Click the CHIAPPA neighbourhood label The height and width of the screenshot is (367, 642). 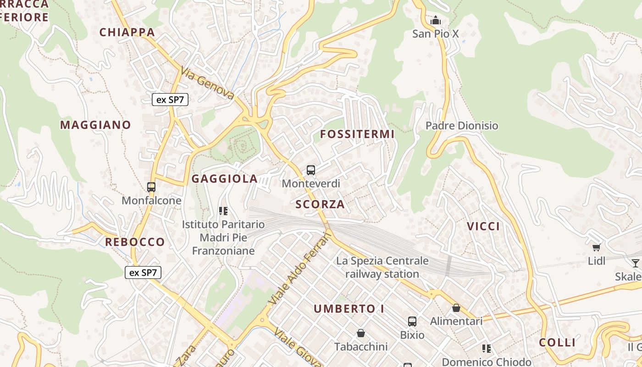[127, 32]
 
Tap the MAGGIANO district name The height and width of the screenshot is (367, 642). [95, 125]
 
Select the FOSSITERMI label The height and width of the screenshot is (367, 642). [357, 134]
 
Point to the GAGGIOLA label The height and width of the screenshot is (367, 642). [224, 179]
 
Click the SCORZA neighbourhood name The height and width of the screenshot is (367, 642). [320, 204]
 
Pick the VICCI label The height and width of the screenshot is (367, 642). [483, 226]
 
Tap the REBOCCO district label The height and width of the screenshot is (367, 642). [135, 242]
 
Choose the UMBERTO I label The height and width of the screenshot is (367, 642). [349, 309]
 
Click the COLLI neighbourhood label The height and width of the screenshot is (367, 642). [557, 343]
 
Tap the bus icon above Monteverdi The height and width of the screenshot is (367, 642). [311, 170]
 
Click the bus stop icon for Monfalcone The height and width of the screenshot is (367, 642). [151, 187]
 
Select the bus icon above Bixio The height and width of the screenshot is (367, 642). [412, 322]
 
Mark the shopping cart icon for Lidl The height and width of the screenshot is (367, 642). [596, 248]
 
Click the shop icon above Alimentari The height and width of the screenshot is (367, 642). [456, 308]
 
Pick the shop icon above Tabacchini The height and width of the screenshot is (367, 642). [361, 333]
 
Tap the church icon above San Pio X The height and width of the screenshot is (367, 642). [435, 21]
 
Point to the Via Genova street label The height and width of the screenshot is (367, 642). [208, 83]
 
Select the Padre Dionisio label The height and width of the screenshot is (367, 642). [461, 126]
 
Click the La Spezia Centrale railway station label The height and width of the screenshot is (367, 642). [382, 267]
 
